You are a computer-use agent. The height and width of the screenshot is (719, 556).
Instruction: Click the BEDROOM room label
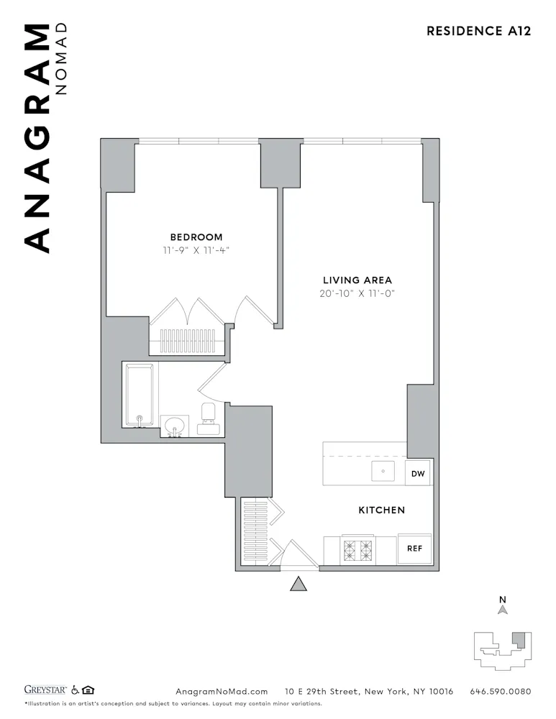pos(196,237)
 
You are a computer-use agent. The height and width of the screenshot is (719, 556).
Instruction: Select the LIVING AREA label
pos(357,280)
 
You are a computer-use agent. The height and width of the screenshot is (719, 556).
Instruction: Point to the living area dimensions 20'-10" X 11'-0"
pos(358,293)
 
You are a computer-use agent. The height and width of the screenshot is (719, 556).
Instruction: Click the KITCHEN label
pos(381,510)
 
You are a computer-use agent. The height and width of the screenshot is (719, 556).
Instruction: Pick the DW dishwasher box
pos(418,473)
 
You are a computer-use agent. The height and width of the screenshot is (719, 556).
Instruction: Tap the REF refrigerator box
pos(414,548)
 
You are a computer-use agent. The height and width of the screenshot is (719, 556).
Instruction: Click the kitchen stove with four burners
pos(358,551)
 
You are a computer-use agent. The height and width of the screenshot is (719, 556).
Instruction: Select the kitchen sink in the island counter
pos(383,472)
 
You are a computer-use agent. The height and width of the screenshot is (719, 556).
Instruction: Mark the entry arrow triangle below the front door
pos(298,584)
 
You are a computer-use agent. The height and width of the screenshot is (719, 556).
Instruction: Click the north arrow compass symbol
pos(503,608)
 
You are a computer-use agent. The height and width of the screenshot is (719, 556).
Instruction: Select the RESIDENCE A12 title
pos(478,31)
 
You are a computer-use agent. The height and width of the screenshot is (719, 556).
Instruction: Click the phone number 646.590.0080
pos(500,692)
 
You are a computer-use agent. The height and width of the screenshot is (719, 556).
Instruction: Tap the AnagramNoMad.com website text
pos(222,692)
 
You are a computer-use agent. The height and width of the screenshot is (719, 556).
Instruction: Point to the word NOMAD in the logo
pos(61,58)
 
